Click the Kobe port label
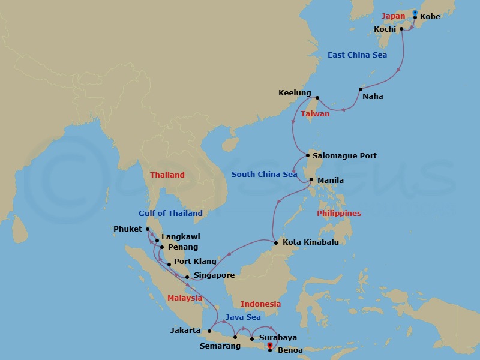430,17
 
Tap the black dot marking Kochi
401,28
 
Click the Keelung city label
295,93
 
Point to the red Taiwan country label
315,113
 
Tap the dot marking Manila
311,179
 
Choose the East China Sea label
357,55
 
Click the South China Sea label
265,175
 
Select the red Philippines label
339,213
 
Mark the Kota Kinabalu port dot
275,242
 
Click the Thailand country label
167,175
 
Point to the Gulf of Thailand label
170,213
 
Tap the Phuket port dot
148,229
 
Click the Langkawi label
181,237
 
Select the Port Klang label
195,262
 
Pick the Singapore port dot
187,277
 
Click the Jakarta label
185,330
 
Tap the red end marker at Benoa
270,346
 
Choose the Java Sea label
243,317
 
